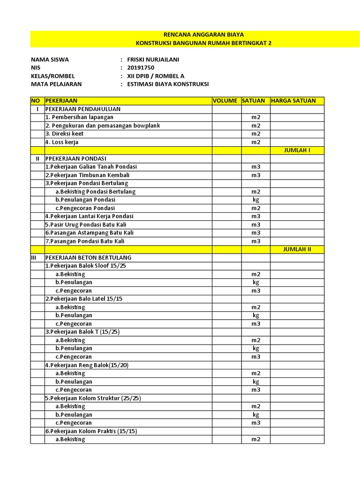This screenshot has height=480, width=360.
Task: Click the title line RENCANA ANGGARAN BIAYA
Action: [203, 35]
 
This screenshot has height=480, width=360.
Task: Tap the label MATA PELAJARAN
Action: [56, 84]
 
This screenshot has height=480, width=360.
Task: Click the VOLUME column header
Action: [225, 101]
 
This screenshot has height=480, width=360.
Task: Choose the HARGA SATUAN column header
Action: [293, 101]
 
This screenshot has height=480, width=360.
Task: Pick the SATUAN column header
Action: [254, 101]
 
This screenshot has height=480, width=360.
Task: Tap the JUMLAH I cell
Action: [297, 150]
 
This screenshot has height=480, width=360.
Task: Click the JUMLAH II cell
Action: [297, 249]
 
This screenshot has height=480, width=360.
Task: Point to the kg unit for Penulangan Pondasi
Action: [255, 200]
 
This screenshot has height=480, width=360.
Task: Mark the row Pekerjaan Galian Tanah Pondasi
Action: [91, 167]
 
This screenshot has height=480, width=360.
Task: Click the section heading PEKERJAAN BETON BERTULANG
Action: [88, 258]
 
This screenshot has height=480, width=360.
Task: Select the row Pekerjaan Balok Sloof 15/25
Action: [86, 266]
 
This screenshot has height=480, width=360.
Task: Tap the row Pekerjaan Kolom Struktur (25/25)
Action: [93, 398]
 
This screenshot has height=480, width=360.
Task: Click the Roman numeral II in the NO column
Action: [37, 159]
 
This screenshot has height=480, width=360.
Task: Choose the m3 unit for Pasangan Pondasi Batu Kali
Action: [255, 241]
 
